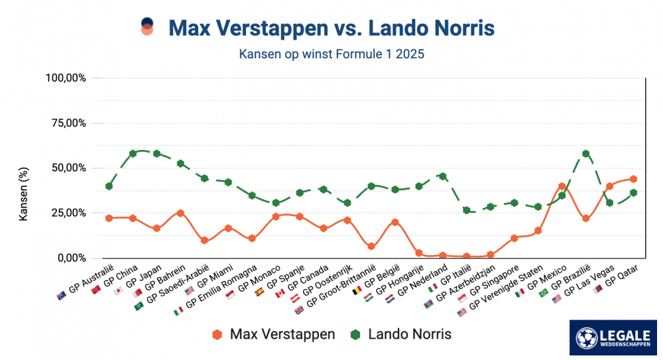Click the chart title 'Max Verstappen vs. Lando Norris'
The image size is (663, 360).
331,29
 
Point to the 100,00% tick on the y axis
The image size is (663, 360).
66,78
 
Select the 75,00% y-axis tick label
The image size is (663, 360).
68,123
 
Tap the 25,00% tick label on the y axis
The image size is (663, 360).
68,213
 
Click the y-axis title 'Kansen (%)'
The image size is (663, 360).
24,194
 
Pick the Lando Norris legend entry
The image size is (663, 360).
400,334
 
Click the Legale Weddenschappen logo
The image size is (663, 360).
613,337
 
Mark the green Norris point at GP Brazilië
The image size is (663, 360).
585,153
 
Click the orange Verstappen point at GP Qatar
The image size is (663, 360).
633,179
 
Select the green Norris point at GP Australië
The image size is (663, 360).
109,186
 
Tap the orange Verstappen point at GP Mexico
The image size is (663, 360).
562,186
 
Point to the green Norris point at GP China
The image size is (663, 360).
133,153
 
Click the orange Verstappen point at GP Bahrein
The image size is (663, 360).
180,213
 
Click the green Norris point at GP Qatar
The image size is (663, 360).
633,192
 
